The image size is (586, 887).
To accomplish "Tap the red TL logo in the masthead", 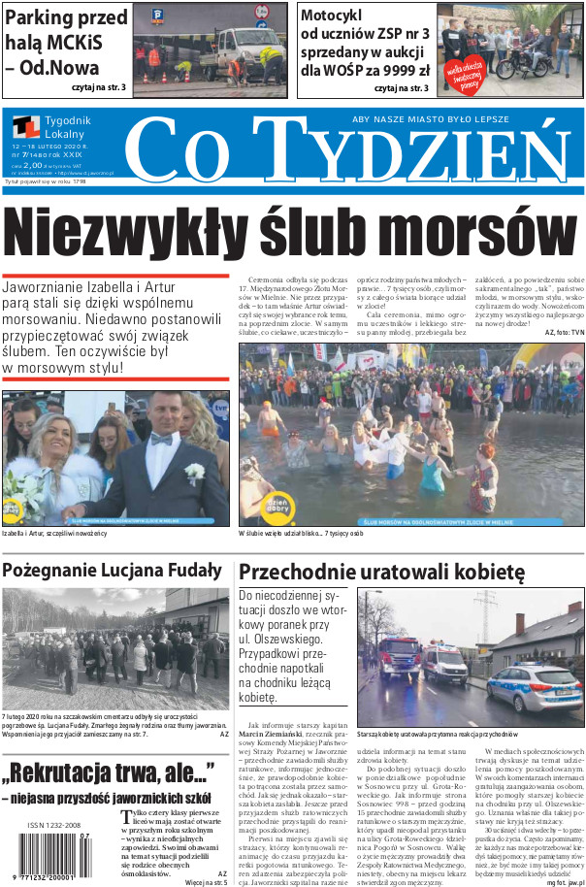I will [x=26, y=127].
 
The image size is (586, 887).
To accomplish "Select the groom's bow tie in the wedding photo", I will [x=160, y=439].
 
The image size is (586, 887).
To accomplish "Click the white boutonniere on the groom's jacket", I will [x=195, y=473].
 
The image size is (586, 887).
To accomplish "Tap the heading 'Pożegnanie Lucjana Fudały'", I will [x=112, y=570].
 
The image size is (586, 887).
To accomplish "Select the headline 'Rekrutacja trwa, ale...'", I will [x=108, y=772].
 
